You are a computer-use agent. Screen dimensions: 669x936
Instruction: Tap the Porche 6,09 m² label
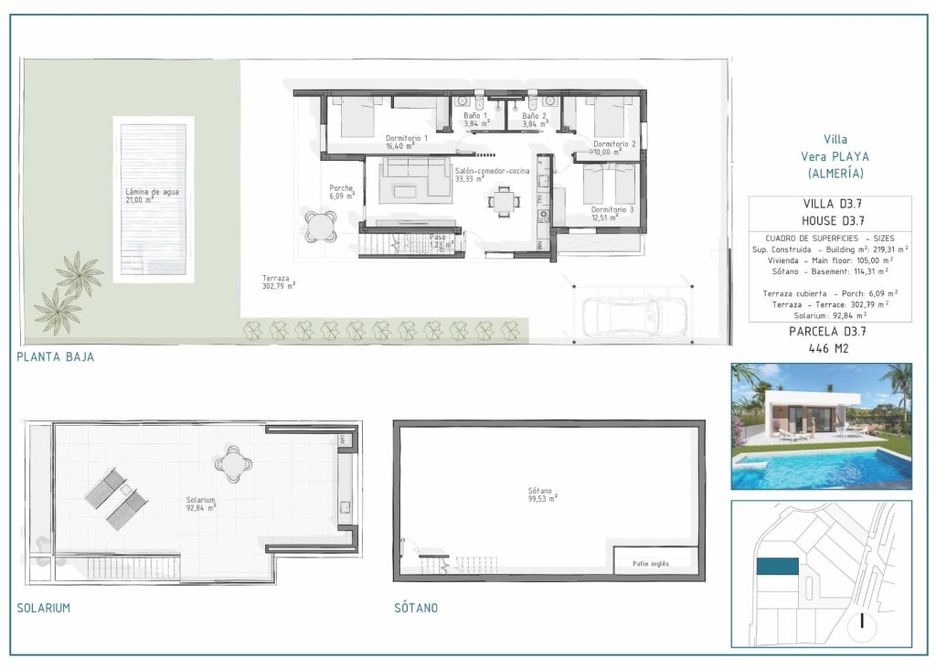tap(342, 192)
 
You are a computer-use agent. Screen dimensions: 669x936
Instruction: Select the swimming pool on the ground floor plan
tap(154, 196)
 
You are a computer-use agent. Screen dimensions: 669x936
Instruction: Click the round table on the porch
tap(320, 226)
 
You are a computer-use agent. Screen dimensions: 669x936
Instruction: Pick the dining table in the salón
tap(501, 201)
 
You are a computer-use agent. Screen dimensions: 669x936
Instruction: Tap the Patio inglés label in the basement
tap(651, 563)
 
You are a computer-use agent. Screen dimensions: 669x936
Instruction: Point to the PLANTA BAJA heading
tap(55, 357)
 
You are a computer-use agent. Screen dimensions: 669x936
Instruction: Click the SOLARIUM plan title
tap(43, 608)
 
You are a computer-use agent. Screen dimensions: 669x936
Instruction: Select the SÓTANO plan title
tap(416, 608)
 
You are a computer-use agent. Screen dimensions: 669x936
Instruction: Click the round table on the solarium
tap(234, 463)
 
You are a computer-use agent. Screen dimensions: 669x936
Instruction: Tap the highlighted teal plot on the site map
tap(777, 567)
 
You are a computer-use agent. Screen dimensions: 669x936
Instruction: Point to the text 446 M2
tap(829, 348)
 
